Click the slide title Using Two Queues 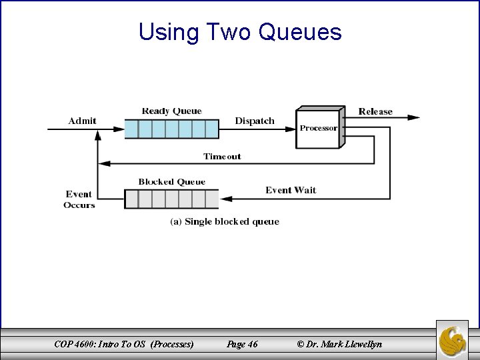click(x=240, y=31)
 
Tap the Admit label click(x=82, y=121)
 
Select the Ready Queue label click(x=171, y=111)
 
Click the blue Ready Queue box click(x=171, y=128)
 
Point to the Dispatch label click(x=254, y=121)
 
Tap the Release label click(x=375, y=111)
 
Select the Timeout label click(x=222, y=157)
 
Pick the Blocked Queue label click(x=171, y=181)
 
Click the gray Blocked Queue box click(x=171, y=199)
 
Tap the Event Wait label click(x=291, y=190)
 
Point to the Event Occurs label click(x=79, y=199)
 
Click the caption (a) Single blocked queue click(x=224, y=221)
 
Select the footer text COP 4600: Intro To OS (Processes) click(x=125, y=345)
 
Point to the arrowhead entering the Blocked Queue click(x=225, y=199)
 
